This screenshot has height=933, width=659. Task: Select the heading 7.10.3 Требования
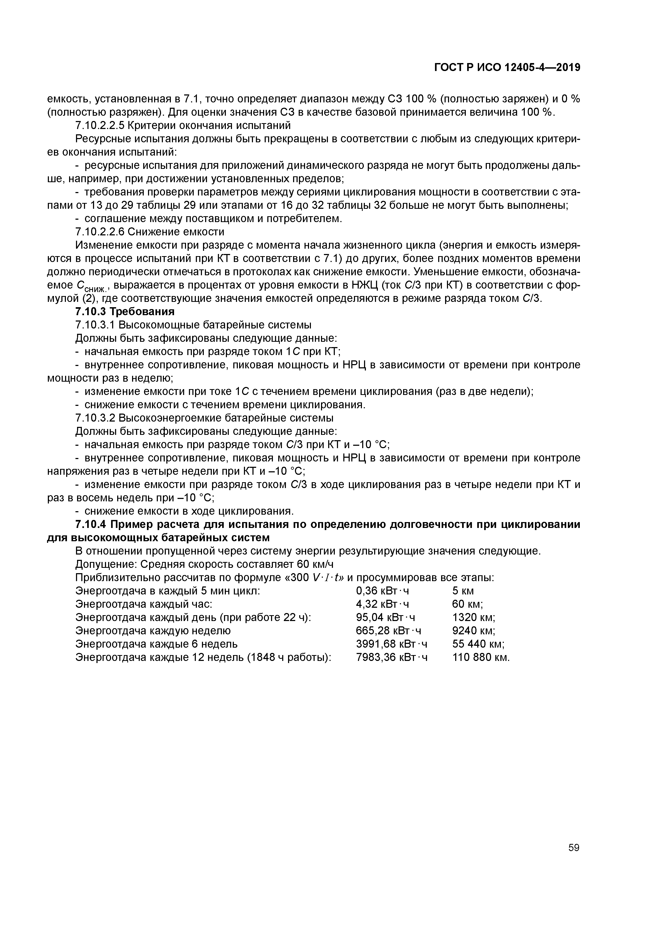pyautogui.click(x=125, y=312)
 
